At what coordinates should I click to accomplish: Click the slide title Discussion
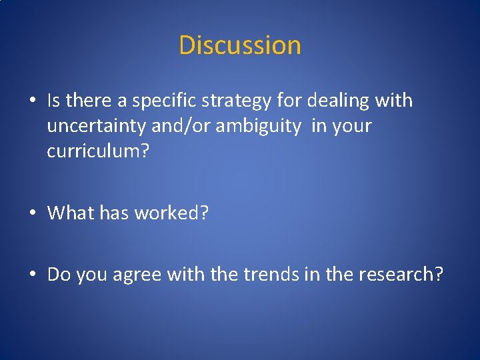coord(240,45)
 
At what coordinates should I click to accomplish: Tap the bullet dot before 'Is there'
coord(32,101)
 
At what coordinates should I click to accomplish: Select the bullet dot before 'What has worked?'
coord(32,213)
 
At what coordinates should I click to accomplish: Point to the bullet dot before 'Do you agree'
coord(32,275)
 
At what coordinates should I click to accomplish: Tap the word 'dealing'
coord(330,101)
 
